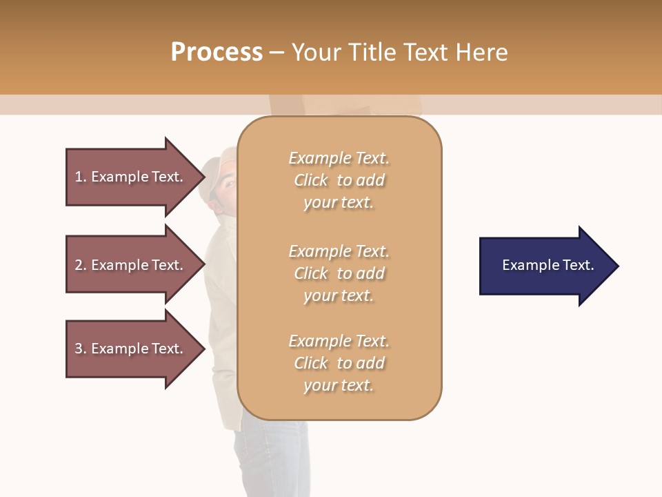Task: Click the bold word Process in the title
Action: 217,52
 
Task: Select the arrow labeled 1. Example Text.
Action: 131,177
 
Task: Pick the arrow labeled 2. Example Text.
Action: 131,265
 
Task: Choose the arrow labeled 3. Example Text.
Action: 131,349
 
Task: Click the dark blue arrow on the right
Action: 545,265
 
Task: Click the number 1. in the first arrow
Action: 80,177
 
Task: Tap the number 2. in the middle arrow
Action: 80,265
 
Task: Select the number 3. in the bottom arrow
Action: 80,349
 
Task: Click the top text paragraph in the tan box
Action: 339,180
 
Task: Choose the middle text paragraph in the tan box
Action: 339,273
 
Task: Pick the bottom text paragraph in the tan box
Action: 339,363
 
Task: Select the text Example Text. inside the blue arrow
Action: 548,265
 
